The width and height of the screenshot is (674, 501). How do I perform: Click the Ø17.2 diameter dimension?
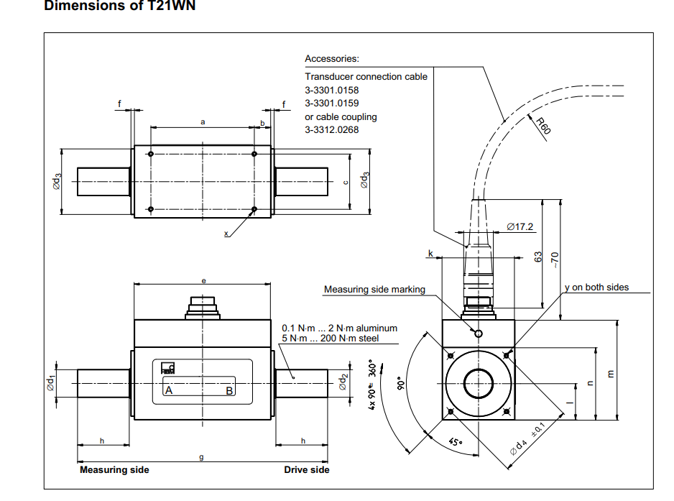[520, 227]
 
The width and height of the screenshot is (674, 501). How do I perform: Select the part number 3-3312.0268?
[331, 129]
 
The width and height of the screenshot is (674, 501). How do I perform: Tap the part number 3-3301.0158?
[331, 90]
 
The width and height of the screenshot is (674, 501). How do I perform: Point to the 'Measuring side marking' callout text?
[374, 290]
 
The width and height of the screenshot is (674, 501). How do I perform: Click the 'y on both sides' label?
[596, 288]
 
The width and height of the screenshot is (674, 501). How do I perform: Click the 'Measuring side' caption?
[114, 470]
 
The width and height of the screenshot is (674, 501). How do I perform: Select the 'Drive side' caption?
[307, 470]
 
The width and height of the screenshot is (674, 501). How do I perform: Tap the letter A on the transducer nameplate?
[170, 391]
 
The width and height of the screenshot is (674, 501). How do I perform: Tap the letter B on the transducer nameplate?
[229, 391]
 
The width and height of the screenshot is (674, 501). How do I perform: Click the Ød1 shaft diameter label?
[52, 382]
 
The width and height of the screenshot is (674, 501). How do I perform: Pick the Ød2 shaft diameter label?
[343, 382]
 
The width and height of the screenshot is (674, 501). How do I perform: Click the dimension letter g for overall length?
[202, 456]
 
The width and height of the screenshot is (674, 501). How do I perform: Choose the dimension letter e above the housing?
[203, 280]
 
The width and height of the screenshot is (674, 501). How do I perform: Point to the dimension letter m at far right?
[611, 374]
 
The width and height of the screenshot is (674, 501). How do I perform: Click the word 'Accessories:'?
[331, 59]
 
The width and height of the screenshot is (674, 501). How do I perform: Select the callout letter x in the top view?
[226, 234]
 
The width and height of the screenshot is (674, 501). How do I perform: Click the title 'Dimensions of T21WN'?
[119, 6]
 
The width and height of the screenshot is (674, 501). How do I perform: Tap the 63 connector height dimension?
[538, 257]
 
